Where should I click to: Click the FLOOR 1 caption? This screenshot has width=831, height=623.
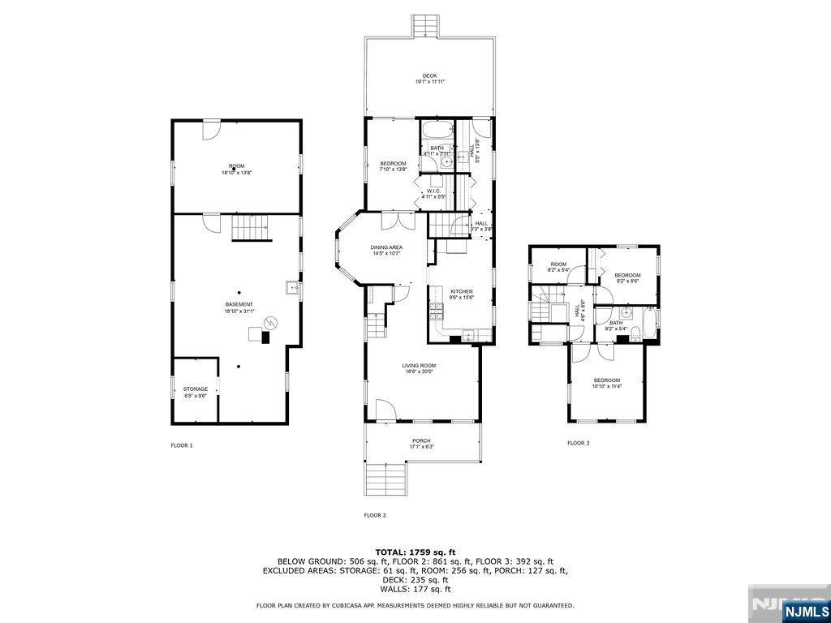pos(181,445)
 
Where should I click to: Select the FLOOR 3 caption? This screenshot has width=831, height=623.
pos(578,443)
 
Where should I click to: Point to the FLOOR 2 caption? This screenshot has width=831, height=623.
pos(374,515)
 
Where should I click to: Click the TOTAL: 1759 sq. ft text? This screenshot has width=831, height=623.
pos(415,552)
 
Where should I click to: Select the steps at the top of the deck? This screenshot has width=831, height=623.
pos(425,26)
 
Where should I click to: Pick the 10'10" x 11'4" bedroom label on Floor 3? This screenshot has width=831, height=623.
pos(606,383)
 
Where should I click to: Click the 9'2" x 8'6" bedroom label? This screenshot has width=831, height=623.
pos(627,277)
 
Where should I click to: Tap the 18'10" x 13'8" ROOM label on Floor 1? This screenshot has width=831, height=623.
pos(236,168)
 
